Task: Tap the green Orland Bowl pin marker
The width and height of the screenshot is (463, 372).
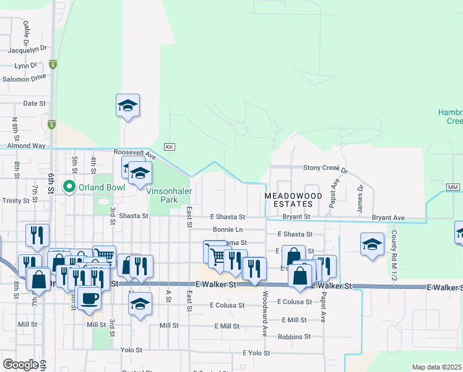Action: pos(69,186)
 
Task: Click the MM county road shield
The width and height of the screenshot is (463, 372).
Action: pos(452,187)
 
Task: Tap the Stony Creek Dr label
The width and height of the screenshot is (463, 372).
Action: pos(326,168)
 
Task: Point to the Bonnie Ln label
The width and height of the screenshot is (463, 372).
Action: pos(227,229)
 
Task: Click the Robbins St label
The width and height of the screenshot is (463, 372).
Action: pos(294,337)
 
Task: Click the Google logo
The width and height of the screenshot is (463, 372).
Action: pos(20,365)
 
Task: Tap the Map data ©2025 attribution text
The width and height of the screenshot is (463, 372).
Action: pos(436,367)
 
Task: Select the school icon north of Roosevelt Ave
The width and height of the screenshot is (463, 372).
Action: pos(128,105)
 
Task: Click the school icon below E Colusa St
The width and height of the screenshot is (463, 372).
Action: pos(141,304)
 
